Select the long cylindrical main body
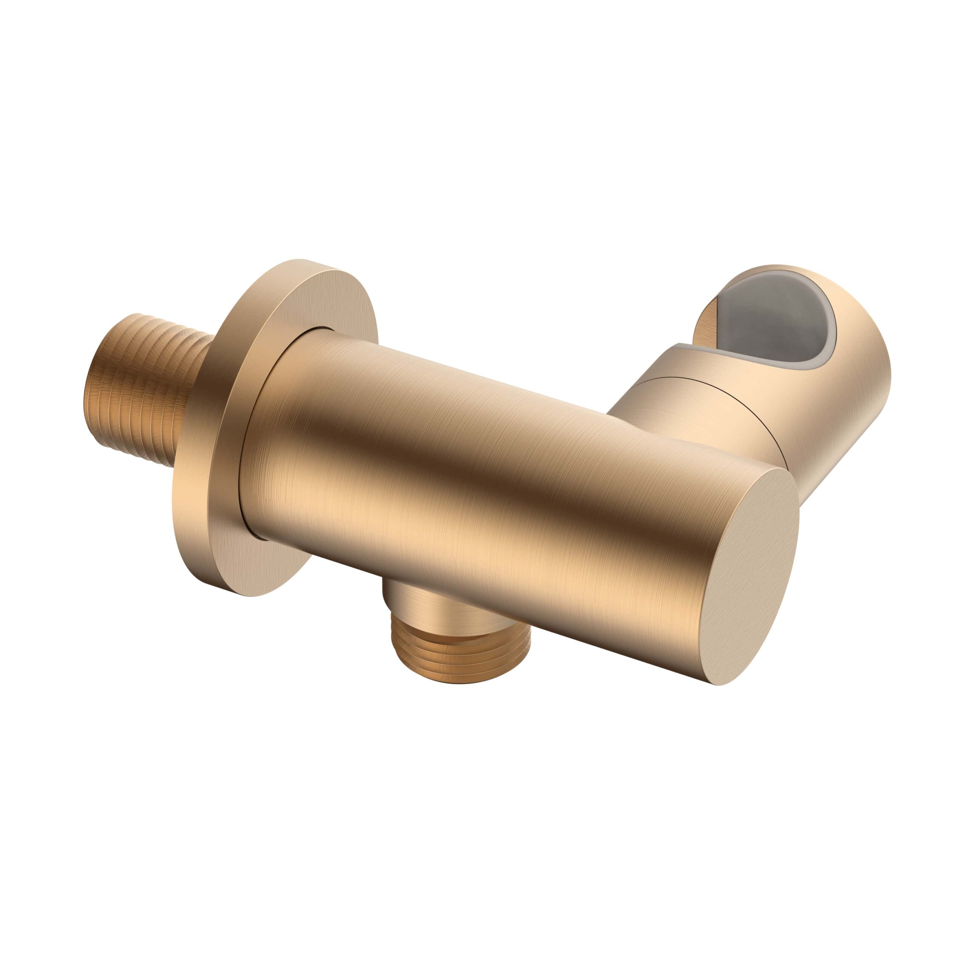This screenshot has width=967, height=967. (x=451, y=451)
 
